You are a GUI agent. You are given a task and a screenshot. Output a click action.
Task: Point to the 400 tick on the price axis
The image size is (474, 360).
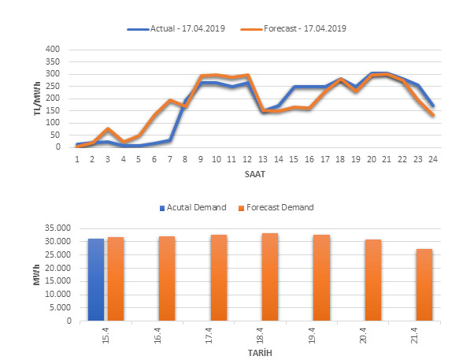pos(53,49)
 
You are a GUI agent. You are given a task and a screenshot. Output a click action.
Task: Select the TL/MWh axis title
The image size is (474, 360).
pos(37,98)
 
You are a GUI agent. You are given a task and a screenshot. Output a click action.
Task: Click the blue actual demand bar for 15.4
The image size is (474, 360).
pos(95,280)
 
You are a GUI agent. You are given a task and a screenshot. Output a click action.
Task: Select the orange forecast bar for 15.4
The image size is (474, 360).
pos(117,279)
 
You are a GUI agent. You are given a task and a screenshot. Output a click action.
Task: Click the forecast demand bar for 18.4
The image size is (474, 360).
pos(270,277)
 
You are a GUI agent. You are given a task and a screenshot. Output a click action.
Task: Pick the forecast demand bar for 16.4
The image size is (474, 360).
pos(168,279)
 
